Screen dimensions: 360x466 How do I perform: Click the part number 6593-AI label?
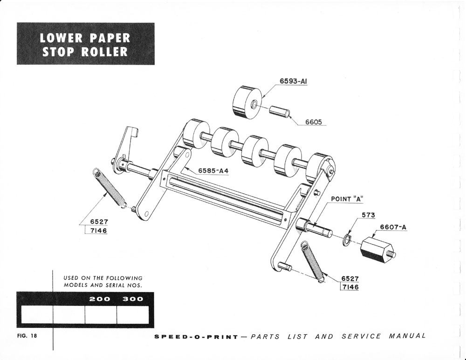(x=293, y=81)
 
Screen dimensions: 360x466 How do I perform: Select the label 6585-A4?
(x=213, y=170)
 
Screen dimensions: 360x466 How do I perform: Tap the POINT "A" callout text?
(x=347, y=198)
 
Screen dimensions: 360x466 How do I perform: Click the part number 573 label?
(x=368, y=215)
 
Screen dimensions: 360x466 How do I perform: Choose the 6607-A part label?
(x=393, y=227)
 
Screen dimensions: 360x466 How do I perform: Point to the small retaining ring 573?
(x=346, y=241)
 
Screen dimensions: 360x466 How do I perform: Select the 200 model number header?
(x=100, y=299)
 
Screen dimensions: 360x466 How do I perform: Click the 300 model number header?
(x=133, y=299)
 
